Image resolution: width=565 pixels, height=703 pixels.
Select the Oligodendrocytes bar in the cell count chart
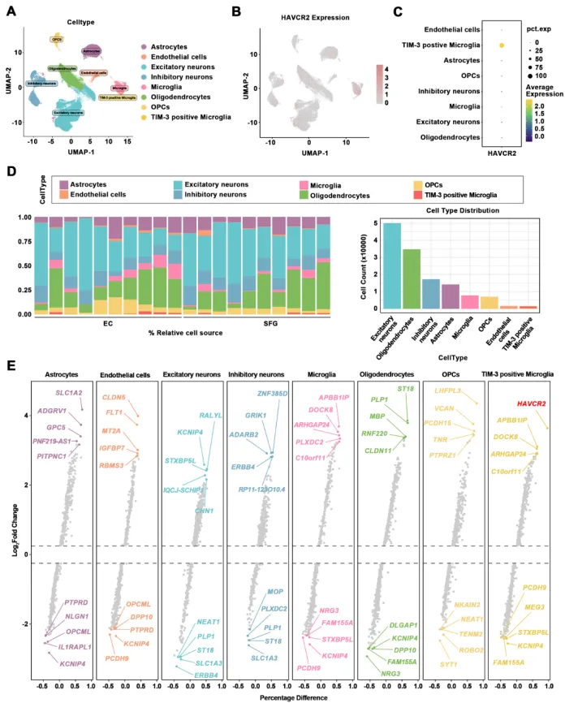pos(412,279)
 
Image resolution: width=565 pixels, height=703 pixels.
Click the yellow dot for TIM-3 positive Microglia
pos(502,45)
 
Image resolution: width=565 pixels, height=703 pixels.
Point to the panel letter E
pos(11,366)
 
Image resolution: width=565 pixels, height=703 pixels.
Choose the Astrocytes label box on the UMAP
pos(92,51)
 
